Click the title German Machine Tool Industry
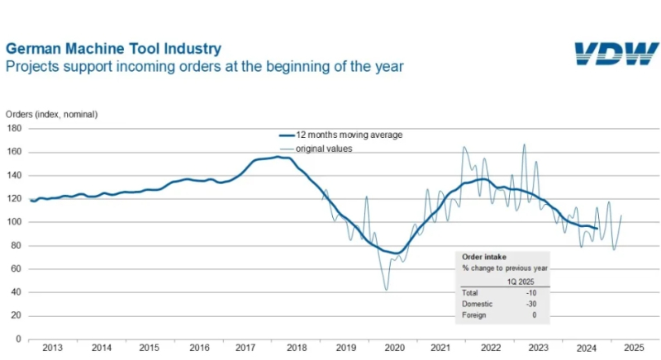click(x=113, y=49)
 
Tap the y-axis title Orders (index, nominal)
click(x=57, y=114)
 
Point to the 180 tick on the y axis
click(x=14, y=128)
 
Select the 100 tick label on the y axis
click(x=14, y=222)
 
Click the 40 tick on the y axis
click(x=17, y=292)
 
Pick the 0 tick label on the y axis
click(x=19, y=339)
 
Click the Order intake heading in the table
click(x=484, y=256)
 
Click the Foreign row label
click(x=474, y=315)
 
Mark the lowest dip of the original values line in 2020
click(x=386, y=289)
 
